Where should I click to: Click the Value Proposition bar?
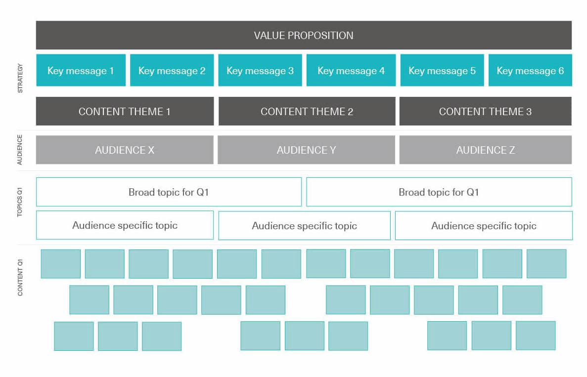tap(304, 35)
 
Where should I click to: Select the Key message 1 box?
tap(81, 70)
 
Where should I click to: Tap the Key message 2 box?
tap(172, 70)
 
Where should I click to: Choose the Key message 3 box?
tap(260, 70)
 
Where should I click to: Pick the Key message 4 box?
tap(351, 70)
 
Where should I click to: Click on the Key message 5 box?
tap(442, 70)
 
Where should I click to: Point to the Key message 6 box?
tap(530, 70)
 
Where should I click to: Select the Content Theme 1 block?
tap(125, 111)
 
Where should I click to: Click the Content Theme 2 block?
tap(307, 111)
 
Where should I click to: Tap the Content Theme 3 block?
tap(486, 111)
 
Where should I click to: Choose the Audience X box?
tap(125, 150)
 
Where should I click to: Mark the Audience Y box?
tap(306, 150)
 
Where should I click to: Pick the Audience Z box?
tap(486, 150)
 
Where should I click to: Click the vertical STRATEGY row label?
tap(20, 78)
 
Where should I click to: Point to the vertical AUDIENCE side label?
tap(20, 150)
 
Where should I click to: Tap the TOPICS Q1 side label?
tap(20, 203)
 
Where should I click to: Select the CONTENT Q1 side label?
tap(20, 278)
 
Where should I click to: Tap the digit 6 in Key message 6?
tap(561, 71)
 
